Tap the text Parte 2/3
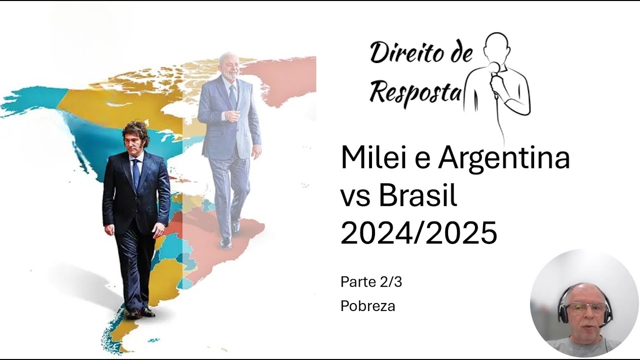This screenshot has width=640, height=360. tap(371, 282)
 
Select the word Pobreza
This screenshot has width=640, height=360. tap(367, 306)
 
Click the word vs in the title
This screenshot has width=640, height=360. tap(355, 196)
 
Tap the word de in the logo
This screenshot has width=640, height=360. tap(460, 52)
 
